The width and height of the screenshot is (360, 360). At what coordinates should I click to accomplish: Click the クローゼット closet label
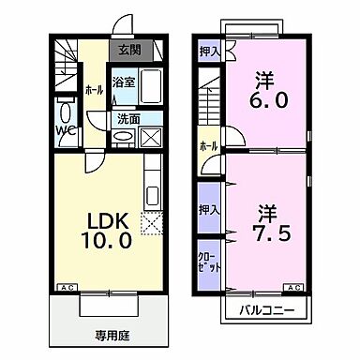click(x=209, y=257)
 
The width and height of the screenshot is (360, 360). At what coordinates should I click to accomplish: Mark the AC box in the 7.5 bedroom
click(x=294, y=287)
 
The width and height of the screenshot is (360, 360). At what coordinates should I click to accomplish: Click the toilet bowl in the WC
click(x=64, y=106)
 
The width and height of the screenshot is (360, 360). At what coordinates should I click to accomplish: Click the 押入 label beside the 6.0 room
click(x=209, y=52)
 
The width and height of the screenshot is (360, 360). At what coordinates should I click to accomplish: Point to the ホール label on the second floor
click(x=208, y=146)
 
